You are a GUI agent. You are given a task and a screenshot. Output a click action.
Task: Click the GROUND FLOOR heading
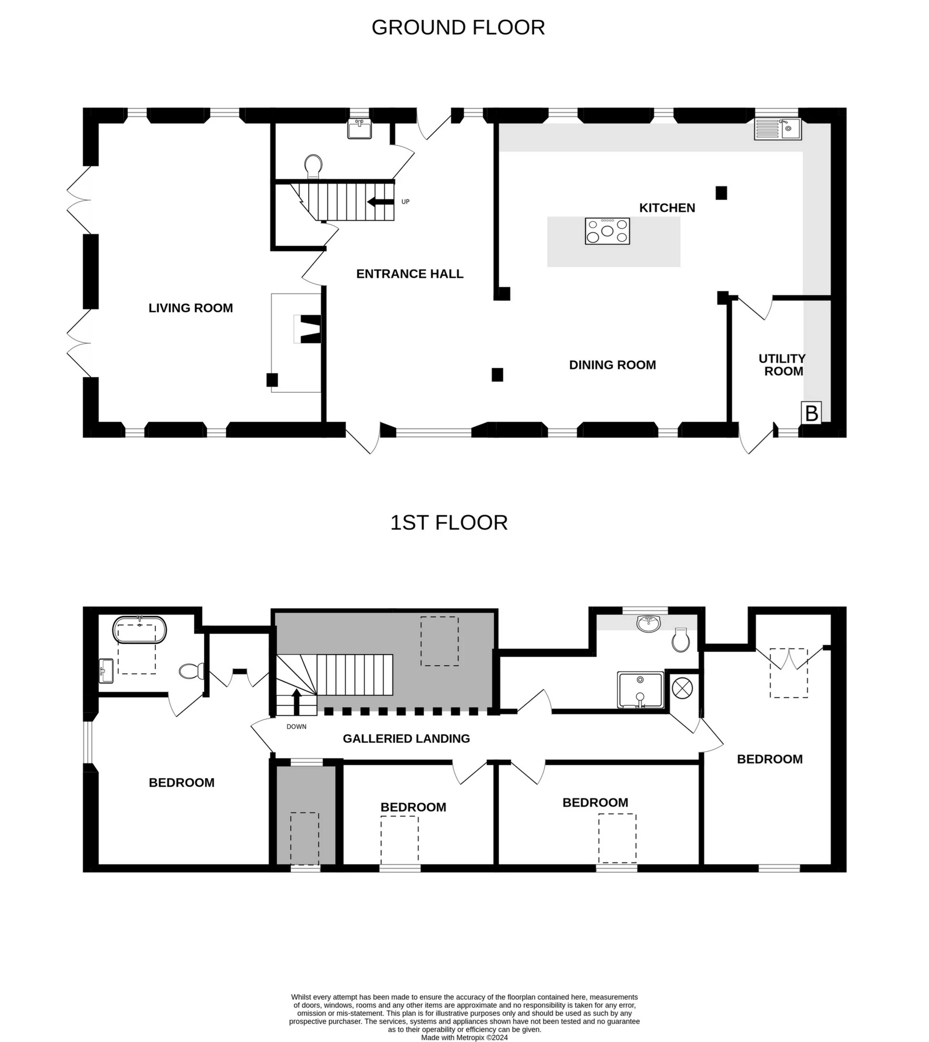458,28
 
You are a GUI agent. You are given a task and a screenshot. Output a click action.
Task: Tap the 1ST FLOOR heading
449,523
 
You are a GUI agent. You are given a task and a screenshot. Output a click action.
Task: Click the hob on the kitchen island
607,231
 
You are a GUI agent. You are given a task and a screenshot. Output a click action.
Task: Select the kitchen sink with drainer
778,129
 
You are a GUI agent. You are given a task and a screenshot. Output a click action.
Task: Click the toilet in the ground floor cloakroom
313,166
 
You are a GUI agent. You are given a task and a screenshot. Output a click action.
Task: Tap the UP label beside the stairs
405,202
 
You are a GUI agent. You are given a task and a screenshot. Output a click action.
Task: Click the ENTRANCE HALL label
409,274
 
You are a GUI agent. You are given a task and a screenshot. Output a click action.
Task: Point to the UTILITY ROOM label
782,365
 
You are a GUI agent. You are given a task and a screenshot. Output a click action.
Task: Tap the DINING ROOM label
612,365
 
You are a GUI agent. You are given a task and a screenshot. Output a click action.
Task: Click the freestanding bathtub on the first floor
139,630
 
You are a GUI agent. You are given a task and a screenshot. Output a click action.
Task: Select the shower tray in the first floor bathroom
641,690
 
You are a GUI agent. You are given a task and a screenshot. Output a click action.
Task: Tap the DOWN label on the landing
296,726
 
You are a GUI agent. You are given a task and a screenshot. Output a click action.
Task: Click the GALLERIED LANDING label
406,738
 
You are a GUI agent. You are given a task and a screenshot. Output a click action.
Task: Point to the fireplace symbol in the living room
308,329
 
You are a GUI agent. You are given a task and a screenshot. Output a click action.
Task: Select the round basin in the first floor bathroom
649,623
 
